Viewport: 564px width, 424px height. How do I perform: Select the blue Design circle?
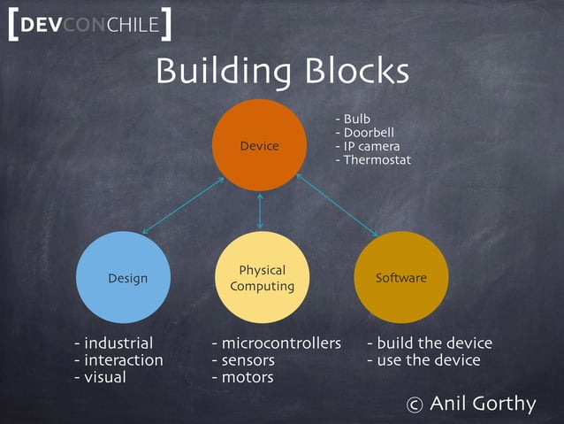tap(127, 277)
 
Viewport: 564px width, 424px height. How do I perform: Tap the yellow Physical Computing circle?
tap(262, 277)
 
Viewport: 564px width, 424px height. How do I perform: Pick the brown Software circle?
tap(400, 277)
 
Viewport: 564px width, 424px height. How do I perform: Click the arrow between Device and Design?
tap(182, 204)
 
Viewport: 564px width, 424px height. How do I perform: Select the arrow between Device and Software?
tap(337, 204)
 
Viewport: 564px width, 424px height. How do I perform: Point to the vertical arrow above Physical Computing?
tap(260, 211)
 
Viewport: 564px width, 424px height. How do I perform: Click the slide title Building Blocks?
tap(282, 72)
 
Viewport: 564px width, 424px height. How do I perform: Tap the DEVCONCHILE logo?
tap(88, 25)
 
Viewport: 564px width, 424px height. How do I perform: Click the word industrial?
tap(118, 343)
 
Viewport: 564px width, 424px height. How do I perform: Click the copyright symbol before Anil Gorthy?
tap(414, 405)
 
